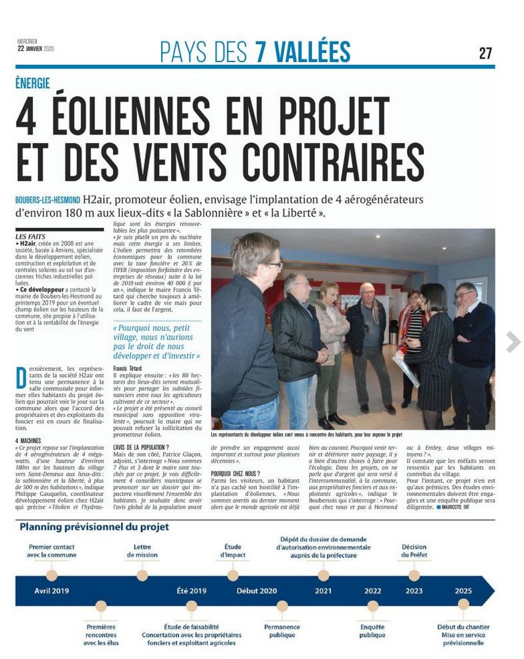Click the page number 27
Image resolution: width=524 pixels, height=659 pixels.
tap(485, 53)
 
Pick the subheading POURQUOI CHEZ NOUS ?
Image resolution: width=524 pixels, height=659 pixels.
tap(235, 474)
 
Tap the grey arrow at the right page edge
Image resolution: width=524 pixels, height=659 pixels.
tap(513, 342)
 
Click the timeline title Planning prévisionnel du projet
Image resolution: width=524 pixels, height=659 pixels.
tap(94, 527)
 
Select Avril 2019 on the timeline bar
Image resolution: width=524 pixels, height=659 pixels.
tap(51, 591)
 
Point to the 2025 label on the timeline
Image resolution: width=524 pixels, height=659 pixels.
tap(463, 591)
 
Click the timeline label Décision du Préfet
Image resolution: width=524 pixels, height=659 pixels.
tap(414, 551)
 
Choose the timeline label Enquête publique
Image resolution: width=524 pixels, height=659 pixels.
tap(372, 631)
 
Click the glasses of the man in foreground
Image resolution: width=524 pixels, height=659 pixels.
tap(273, 266)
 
